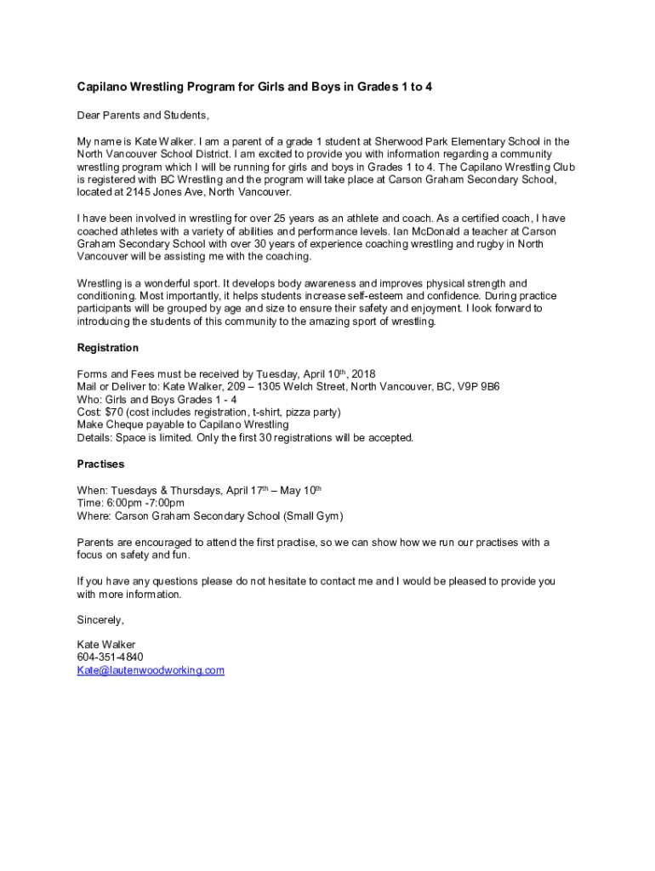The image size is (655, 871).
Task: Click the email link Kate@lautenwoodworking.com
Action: point(151,670)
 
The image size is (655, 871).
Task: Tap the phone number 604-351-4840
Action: point(110,658)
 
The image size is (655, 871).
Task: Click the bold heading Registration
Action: point(107,348)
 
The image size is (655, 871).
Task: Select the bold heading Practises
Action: point(100,464)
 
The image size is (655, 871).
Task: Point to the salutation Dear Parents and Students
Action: point(142,115)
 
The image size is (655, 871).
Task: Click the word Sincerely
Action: point(100,619)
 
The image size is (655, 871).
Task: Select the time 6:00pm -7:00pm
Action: point(143,503)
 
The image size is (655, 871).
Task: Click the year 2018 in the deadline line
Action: point(363,373)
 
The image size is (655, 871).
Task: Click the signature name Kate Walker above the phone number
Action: point(105,645)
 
